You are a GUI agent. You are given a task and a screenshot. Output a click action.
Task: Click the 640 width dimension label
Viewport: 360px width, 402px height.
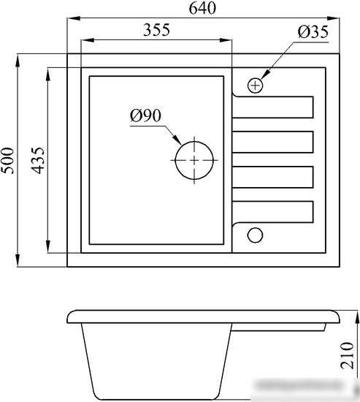point(202,8)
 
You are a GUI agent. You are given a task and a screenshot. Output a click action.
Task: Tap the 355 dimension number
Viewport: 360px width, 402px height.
point(156,30)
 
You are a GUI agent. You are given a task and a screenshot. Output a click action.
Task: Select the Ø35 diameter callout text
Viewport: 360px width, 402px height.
point(313,32)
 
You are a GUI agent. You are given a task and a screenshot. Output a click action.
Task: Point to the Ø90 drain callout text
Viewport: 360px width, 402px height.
point(145,115)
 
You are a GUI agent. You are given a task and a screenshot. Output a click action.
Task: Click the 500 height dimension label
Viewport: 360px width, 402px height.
point(7,161)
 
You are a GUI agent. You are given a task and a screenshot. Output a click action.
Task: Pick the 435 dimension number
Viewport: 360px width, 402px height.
point(38,161)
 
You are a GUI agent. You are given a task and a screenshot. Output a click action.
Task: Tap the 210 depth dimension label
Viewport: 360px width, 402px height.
point(348,355)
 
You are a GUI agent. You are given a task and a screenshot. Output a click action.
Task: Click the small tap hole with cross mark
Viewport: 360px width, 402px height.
point(255,85)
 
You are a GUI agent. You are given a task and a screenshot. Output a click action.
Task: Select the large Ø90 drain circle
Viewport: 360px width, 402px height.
point(194,161)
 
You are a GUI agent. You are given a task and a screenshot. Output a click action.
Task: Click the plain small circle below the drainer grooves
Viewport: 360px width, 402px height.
point(255,235)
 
